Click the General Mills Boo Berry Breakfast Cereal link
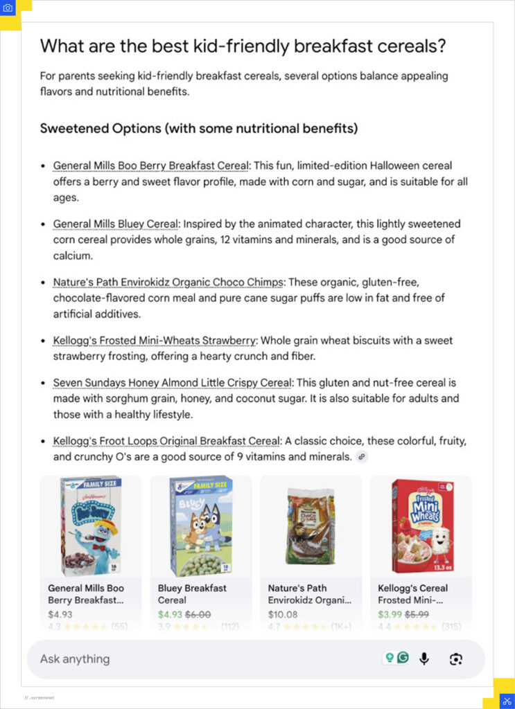point(150,165)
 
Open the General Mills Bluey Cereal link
point(116,224)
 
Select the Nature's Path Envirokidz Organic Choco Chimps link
point(168,282)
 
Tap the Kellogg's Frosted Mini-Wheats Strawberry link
point(155,341)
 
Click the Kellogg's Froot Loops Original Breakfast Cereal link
point(167,441)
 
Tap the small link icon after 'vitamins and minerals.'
point(361,457)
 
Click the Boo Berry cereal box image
point(91,526)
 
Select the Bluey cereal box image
point(201,526)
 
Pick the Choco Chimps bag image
point(311,526)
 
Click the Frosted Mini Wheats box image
point(421,526)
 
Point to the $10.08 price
point(283,614)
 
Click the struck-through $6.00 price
point(197,614)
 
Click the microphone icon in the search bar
point(424,658)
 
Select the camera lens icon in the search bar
point(455,658)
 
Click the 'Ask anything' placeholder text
point(75,658)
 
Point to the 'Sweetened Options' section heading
point(198,128)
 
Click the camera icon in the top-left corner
point(8,8)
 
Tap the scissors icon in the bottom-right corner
point(506,701)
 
